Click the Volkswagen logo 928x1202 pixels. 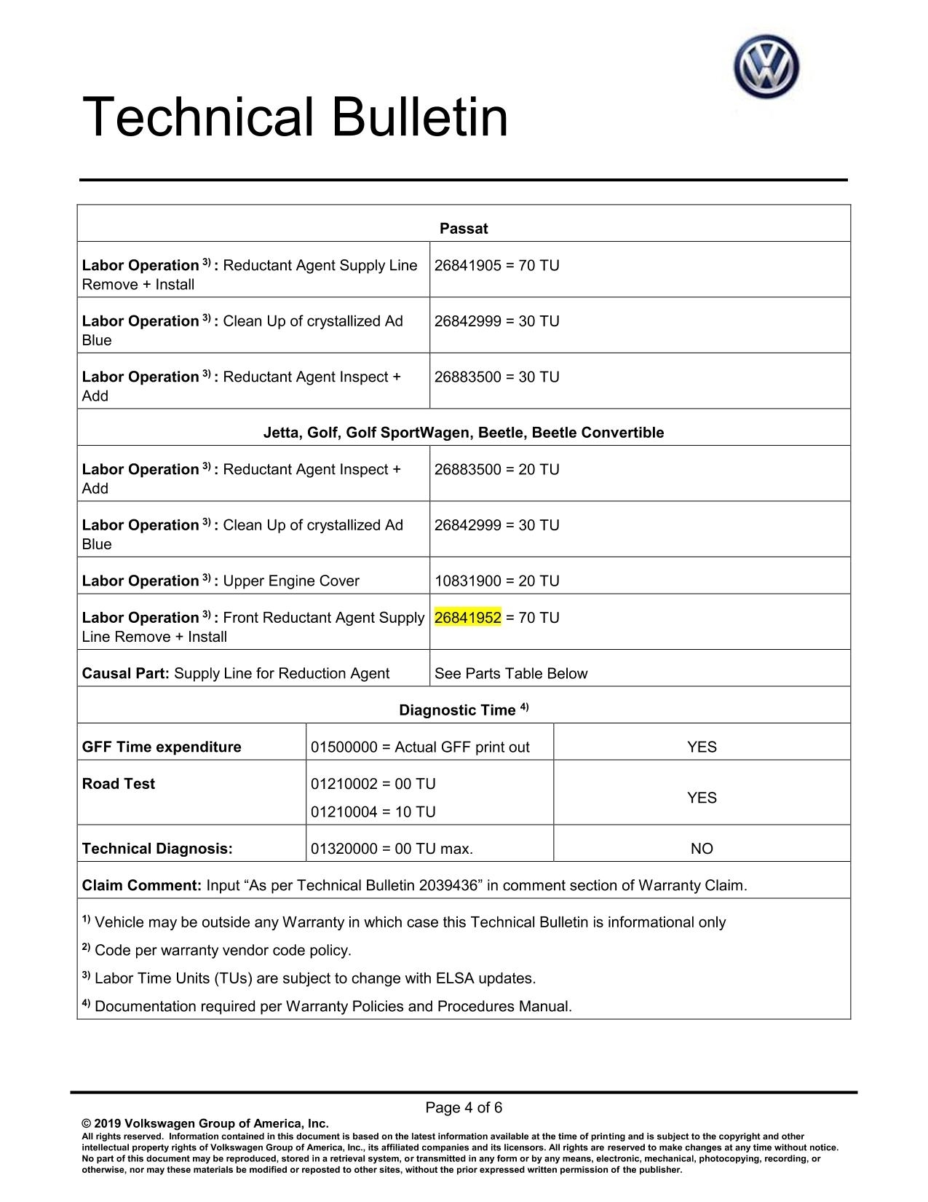point(766,67)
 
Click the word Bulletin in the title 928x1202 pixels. point(420,118)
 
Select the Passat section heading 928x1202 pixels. point(464,229)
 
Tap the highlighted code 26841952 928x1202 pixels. point(468,618)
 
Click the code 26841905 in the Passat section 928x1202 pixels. point(468,265)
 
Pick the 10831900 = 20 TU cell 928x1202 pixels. point(497,581)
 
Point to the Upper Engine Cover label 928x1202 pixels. point(291,581)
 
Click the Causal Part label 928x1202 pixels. point(125,673)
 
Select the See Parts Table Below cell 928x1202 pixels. point(511,673)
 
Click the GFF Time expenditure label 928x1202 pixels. point(162,747)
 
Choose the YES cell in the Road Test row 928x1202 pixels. point(702,798)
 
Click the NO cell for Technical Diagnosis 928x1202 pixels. point(702,849)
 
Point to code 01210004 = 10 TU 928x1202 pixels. point(373,812)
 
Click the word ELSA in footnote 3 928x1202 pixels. point(455,978)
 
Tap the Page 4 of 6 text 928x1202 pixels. point(464,1108)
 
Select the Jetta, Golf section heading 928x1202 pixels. point(464,433)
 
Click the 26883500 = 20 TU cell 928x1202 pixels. point(497,469)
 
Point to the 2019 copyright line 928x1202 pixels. point(205,1123)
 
